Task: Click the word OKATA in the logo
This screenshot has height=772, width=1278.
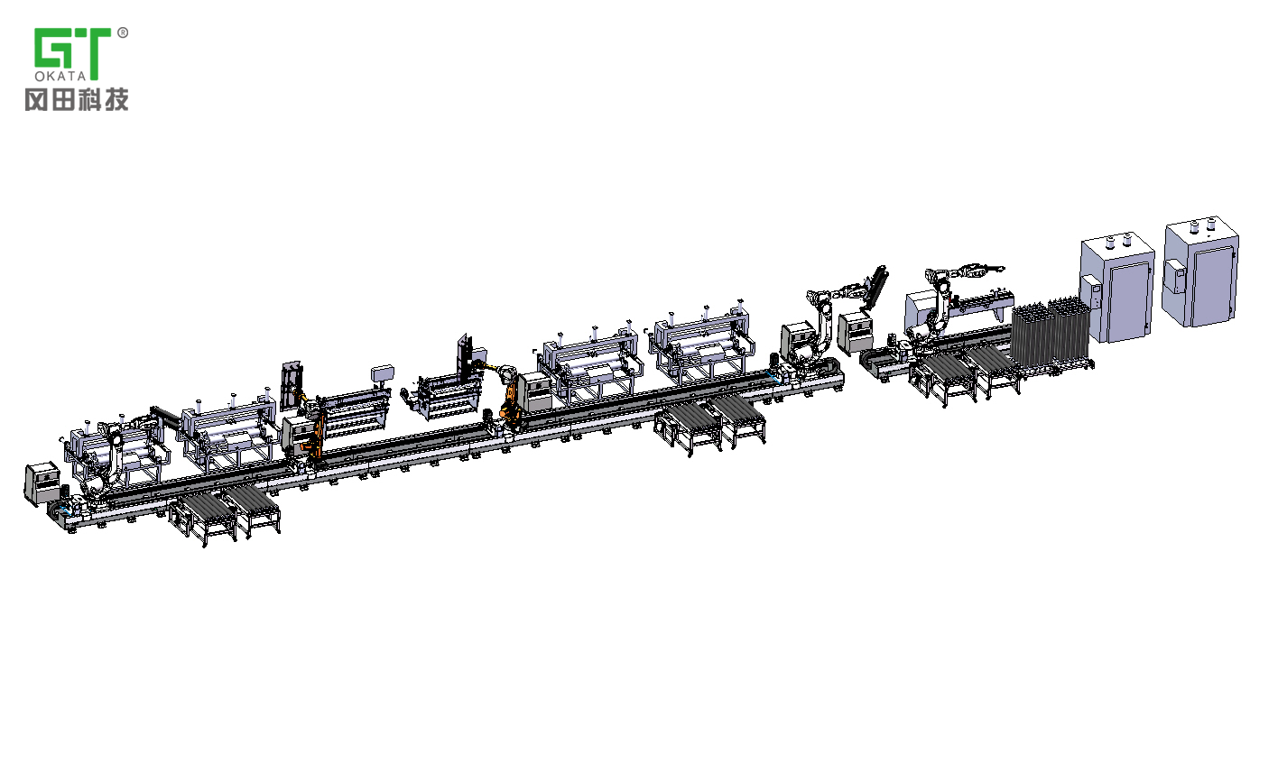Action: [60, 76]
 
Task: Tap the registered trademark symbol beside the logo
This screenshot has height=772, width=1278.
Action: [123, 33]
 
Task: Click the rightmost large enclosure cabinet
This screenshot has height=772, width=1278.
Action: [1200, 272]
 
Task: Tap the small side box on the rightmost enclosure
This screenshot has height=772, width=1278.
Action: [1173, 276]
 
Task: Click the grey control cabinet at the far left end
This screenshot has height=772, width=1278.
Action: [42, 483]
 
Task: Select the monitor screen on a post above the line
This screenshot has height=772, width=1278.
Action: [383, 373]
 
